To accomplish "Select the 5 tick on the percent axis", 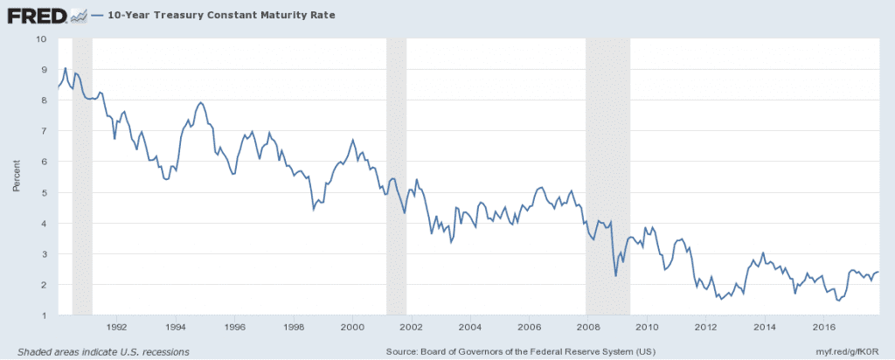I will click(44, 192).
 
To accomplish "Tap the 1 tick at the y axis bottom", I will click(44, 315).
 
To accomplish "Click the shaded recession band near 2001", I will click(396, 175).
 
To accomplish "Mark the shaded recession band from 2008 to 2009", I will click(607, 175).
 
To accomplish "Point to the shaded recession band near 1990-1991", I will click(82, 175).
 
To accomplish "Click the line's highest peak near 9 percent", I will click(66, 68).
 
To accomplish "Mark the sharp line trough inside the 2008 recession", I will click(616, 276).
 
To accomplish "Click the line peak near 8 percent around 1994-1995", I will click(201, 103).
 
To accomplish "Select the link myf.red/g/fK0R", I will click(850, 351).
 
